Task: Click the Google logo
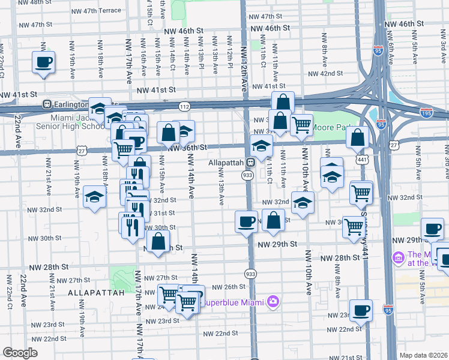tap(20, 353)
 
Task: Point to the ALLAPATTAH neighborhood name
tap(95, 292)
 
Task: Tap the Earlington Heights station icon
tap(46, 104)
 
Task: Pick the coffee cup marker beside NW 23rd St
tap(361, 310)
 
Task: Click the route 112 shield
tap(184, 106)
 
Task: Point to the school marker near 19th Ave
tap(94, 196)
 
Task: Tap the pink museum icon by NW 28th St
tap(397, 257)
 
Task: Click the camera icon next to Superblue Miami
tap(273, 302)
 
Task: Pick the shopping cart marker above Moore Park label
tap(301, 125)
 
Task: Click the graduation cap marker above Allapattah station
tap(261, 145)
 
